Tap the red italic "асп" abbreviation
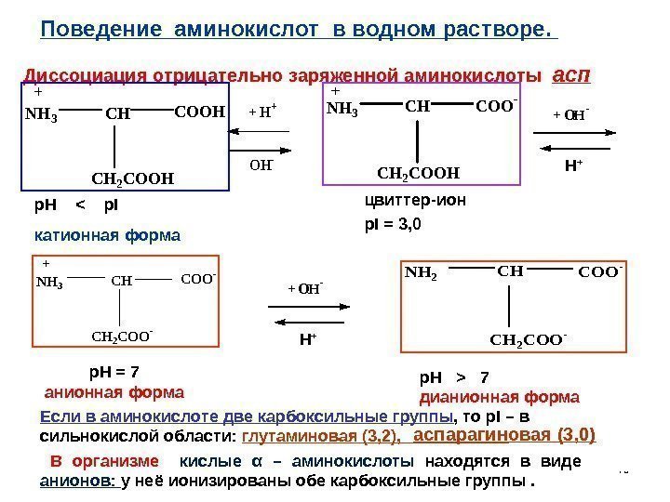tap(571, 73)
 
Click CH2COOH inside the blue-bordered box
tap(132, 178)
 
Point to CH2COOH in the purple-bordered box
tap(418, 172)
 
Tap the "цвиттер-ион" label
tap(413, 200)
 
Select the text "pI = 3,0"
tap(393, 224)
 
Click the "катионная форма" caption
tap(108, 235)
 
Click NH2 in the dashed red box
tap(421, 274)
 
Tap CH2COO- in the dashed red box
tap(527, 340)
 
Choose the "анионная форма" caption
tap(114, 390)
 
